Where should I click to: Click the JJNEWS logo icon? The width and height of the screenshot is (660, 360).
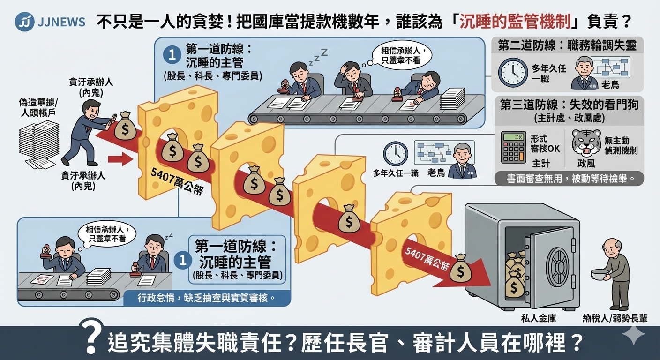[x=24, y=22]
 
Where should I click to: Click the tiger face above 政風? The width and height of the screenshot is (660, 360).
[x=586, y=143]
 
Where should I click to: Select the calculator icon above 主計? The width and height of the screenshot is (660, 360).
[x=513, y=147]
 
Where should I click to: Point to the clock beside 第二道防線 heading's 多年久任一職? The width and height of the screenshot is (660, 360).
[x=513, y=73]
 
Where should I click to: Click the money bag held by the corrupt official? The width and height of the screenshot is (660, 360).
[x=125, y=126]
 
